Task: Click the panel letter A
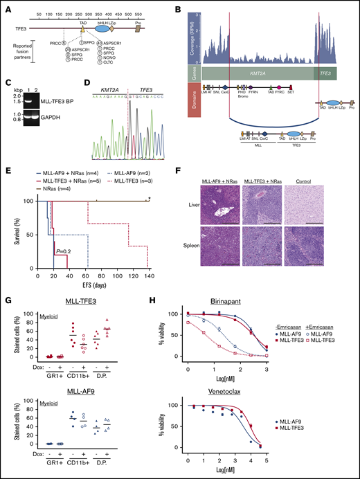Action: click(5, 6)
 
